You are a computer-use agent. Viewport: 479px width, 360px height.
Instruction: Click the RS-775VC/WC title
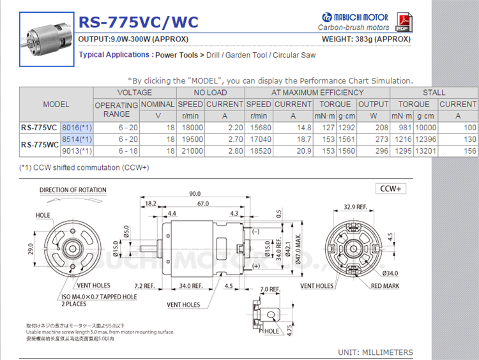138,22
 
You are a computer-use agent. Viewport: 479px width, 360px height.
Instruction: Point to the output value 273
381,139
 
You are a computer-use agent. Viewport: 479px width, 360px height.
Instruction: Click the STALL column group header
434,93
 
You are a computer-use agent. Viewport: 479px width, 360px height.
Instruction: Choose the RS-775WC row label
40,145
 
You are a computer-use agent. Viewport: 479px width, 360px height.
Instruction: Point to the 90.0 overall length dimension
194,193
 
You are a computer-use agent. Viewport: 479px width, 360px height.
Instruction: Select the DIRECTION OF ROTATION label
73,190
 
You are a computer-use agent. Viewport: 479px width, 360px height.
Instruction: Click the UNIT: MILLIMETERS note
375,352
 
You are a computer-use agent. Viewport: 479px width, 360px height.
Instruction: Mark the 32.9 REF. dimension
355,207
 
